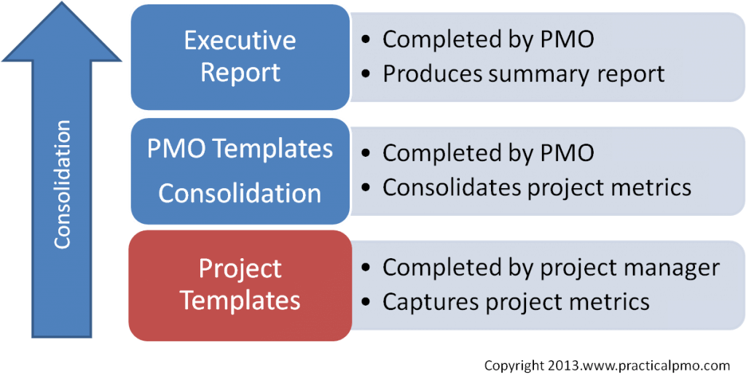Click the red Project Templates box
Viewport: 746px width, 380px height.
tap(240, 286)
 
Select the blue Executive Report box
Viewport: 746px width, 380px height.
tap(240, 57)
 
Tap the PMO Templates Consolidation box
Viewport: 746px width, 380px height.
tap(240, 171)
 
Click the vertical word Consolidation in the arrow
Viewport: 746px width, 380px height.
tap(63, 185)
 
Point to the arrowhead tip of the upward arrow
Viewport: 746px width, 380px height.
tap(62, 1)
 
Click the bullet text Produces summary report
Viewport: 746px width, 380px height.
tap(523, 75)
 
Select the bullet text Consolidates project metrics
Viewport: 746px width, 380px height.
tap(537, 187)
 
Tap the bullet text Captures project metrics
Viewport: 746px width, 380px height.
tap(516, 301)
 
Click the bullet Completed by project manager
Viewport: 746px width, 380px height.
tap(551, 268)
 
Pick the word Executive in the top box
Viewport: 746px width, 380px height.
tap(240, 41)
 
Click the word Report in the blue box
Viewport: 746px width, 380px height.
tap(240, 73)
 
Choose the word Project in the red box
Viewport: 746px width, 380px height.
tap(240, 270)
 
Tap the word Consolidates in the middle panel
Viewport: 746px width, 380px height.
tap(449, 187)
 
